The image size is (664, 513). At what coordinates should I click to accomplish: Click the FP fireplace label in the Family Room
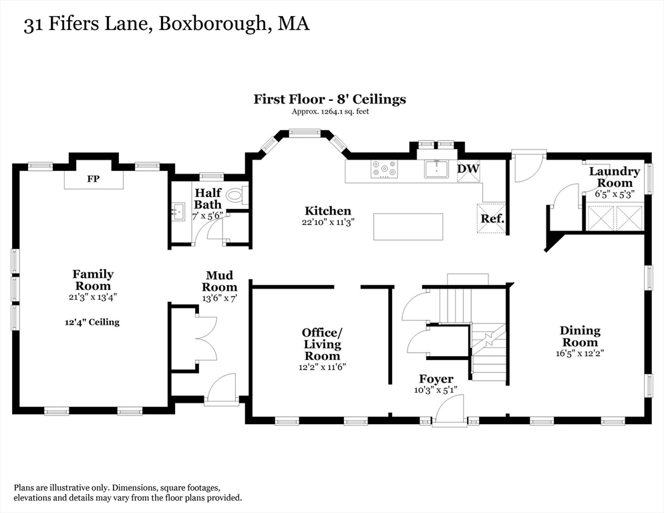(x=94, y=180)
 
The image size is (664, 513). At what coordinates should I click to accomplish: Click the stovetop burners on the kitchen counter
(x=383, y=170)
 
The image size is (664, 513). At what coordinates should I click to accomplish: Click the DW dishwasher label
(x=468, y=169)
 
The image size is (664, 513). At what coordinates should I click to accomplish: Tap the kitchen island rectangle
(x=407, y=226)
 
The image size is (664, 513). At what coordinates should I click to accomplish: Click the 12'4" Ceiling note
(x=92, y=322)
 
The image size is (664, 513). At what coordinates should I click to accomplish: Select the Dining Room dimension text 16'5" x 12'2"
(x=579, y=353)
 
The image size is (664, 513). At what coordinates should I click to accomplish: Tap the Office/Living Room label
(x=322, y=344)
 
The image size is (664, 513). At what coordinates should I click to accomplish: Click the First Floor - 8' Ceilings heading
(x=329, y=100)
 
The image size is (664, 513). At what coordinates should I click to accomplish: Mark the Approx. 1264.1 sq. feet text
(x=329, y=112)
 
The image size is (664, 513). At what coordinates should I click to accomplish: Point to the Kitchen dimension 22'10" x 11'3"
(x=327, y=222)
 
